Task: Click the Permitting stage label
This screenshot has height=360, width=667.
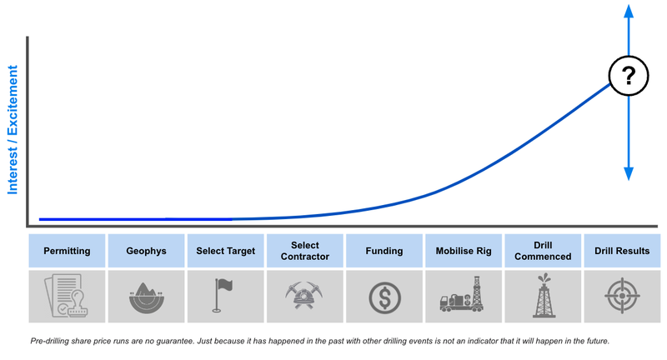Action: point(67,251)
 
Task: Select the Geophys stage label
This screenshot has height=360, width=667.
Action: point(146,251)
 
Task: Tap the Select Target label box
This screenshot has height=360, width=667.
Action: point(226,251)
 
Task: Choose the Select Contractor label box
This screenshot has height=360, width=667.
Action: point(305,251)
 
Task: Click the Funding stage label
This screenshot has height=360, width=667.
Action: point(384,251)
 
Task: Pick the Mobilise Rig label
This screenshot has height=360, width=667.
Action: point(464,251)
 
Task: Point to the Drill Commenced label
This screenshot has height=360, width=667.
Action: point(544,251)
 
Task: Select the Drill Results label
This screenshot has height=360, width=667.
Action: point(623,251)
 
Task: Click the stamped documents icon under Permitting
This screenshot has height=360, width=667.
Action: point(67,296)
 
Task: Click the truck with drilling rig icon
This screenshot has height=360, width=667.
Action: point(464,296)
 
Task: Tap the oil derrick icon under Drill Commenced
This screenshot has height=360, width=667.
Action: point(544,296)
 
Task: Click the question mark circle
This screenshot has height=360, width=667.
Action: point(629,77)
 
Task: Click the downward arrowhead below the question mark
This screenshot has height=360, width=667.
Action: point(629,172)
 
